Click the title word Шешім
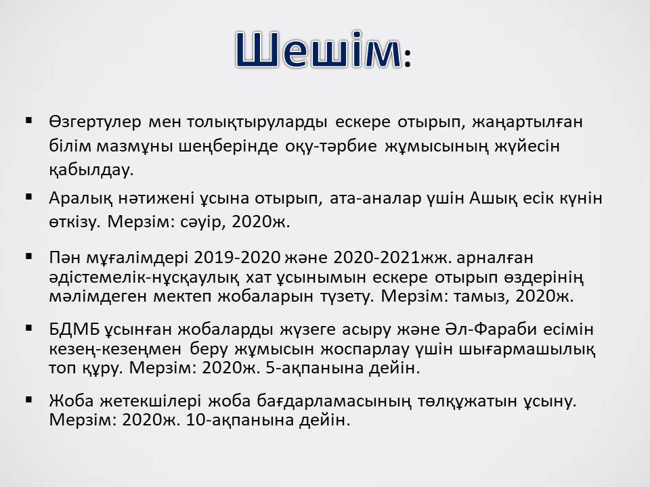(318, 49)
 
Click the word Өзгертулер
(95, 122)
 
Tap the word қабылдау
(91, 170)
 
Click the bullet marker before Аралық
(28, 196)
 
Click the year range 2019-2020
(237, 258)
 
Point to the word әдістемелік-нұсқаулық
(144, 277)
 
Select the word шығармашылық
(527, 349)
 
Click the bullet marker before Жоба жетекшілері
(28, 399)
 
